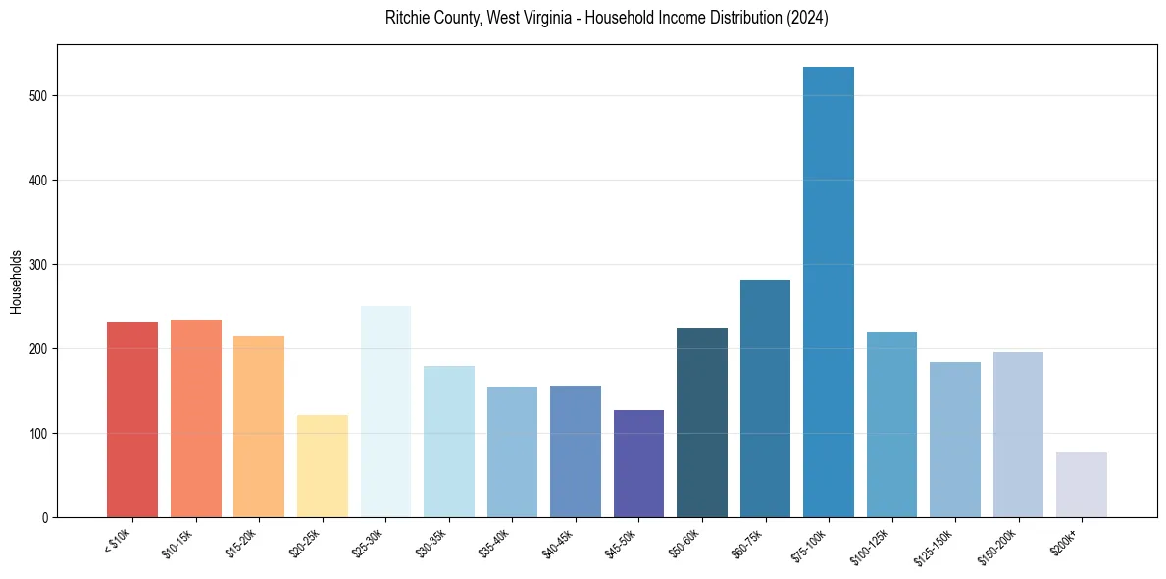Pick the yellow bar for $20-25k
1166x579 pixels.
click(x=323, y=466)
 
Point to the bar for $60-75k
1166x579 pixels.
click(x=765, y=398)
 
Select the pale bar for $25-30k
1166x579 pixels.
click(x=385, y=412)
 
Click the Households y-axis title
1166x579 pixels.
click(x=16, y=282)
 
